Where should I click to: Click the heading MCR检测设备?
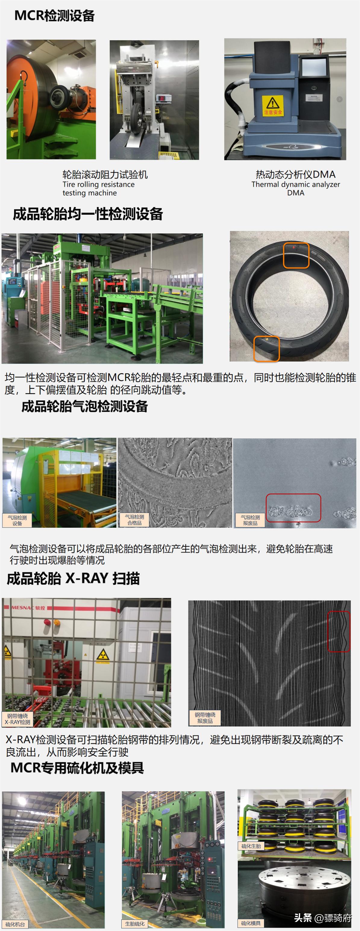55,16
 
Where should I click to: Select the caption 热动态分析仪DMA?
295,175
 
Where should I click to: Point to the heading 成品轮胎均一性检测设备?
88,214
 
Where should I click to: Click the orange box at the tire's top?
296,255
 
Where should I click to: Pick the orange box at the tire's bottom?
266,349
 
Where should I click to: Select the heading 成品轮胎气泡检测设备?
85,406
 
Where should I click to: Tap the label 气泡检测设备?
17,520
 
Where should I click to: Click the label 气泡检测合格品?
134,520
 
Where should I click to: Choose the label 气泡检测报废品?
250,520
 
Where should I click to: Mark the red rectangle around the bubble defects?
293,508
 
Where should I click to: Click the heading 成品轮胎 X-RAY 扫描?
73,579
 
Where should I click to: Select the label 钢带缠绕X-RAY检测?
17,719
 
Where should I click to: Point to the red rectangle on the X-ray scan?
339,631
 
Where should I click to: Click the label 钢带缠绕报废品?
205,718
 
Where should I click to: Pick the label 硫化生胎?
251,846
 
